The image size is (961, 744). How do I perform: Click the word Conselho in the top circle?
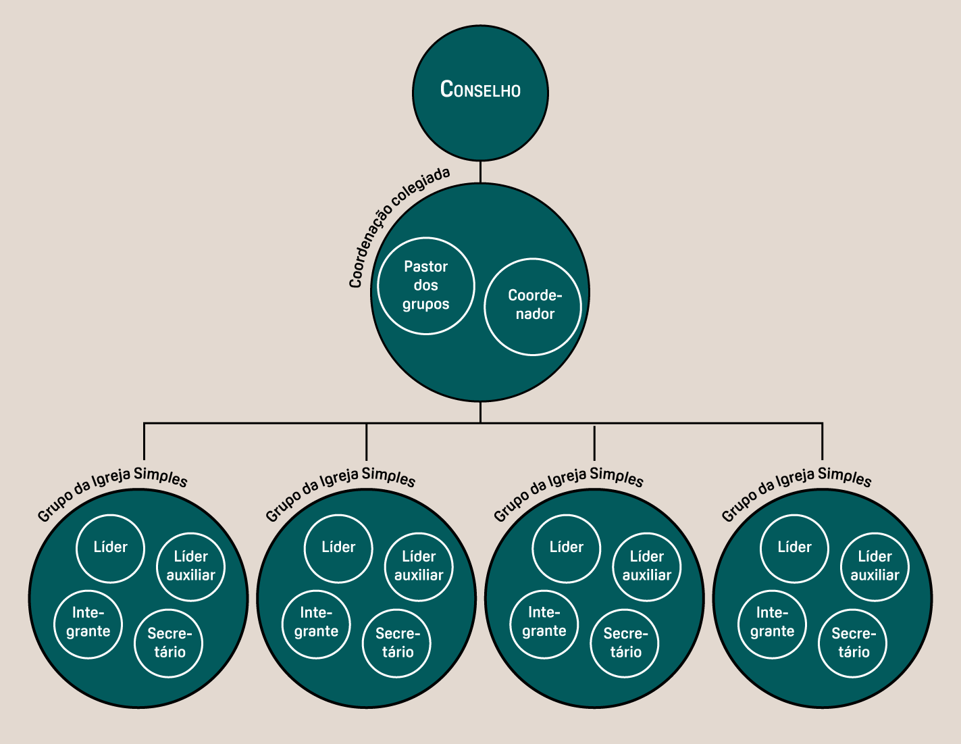coord(480,89)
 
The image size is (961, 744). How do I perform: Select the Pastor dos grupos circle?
coord(426,285)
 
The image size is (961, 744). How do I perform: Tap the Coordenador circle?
coord(533,306)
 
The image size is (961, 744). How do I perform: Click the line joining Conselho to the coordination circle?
coord(480,172)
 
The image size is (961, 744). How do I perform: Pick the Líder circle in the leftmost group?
coord(110,547)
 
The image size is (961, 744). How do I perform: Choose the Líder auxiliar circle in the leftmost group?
coord(190,566)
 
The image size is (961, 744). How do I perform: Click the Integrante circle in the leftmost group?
coord(88,622)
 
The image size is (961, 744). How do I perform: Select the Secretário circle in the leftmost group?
coord(169,643)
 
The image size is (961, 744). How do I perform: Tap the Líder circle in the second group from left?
coord(338,547)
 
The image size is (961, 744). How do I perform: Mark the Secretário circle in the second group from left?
coord(397,643)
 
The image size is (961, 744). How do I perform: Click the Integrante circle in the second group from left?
coord(316,622)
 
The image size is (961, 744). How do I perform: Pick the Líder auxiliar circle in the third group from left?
coord(646,566)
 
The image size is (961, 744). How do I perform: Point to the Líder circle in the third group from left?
coord(566,547)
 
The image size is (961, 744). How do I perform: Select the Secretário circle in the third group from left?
coord(625,643)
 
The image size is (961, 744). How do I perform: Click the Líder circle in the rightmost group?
coord(794,547)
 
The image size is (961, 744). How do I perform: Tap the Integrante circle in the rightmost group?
coord(772,622)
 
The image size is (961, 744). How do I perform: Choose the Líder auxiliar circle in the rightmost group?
coord(875,566)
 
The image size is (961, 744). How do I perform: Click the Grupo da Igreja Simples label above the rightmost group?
coord(797,488)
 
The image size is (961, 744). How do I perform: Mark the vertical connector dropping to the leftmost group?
coord(144,443)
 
